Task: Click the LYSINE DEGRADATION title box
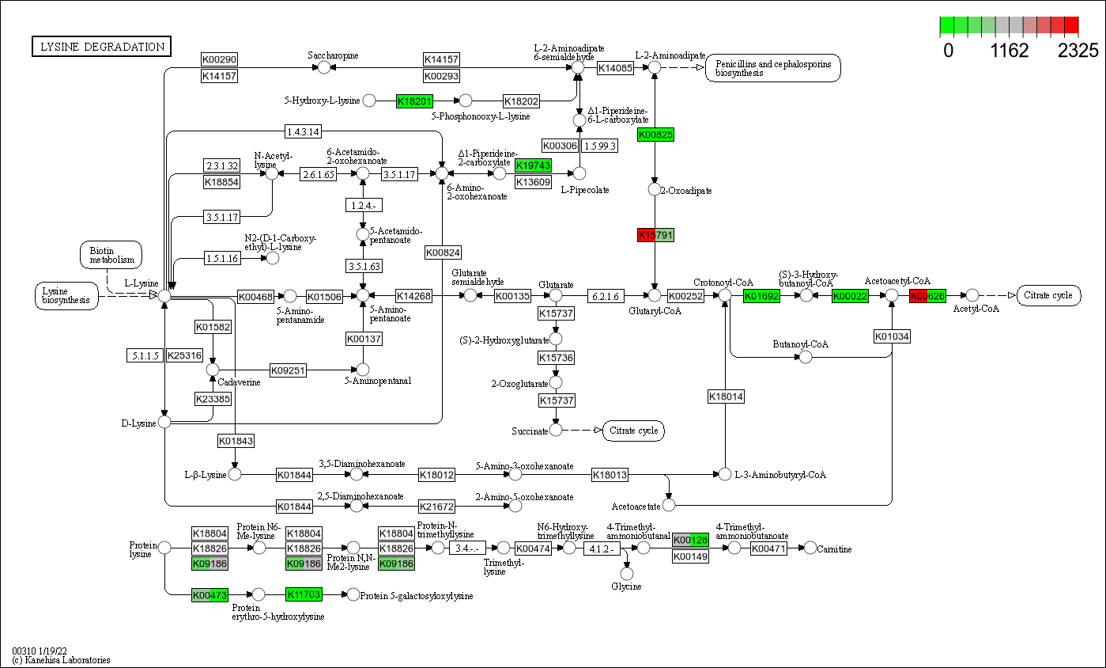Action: pyautogui.click(x=101, y=47)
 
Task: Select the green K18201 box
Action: pyautogui.click(x=414, y=101)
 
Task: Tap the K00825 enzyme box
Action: pyautogui.click(x=655, y=135)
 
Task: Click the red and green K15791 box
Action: pyautogui.click(x=655, y=235)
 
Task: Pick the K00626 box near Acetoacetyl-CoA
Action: pyautogui.click(x=927, y=296)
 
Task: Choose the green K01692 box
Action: pyautogui.click(x=761, y=296)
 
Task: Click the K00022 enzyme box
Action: pyautogui.click(x=850, y=296)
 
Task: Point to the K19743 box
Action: pyautogui.click(x=533, y=165)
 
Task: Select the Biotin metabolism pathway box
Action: pyautogui.click(x=111, y=255)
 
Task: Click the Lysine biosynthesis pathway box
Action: pyautogui.click(x=66, y=295)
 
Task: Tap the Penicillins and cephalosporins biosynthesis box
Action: pyautogui.click(x=773, y=68)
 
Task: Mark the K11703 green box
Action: pyautogui.click(x=304, y=594)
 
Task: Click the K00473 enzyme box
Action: pyautogui.click(x=209, y=594)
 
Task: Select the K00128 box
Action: pyautogui.click(x=690, y=540)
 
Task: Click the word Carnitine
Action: pyautogui.click(x=834, y=549)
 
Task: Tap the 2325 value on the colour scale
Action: pyautogui.click(x=1078, y=51)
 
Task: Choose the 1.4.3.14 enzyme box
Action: pyautogui.click(x=304, y=131)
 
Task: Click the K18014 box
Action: pyautogui.click(x=726, y=397)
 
